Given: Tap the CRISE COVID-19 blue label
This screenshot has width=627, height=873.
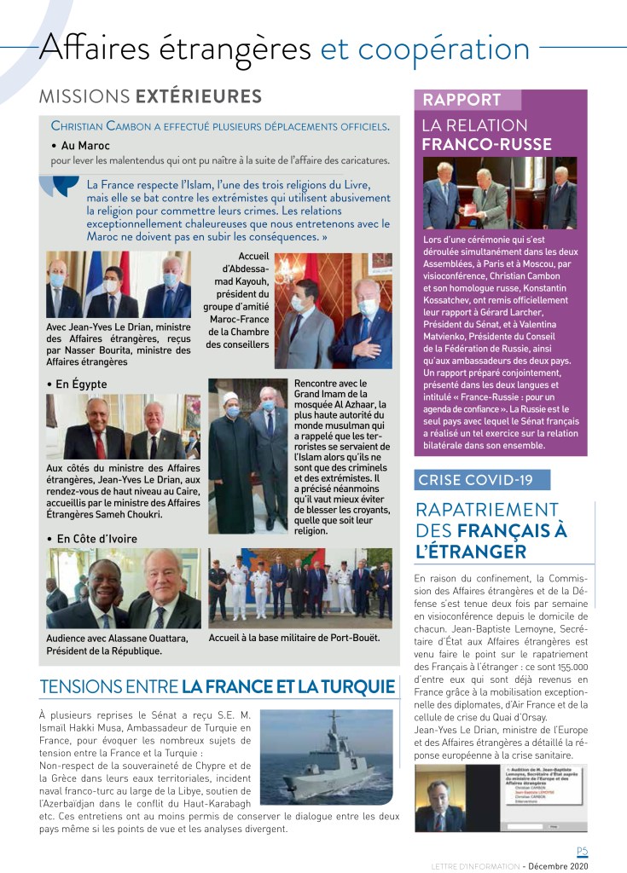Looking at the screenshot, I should coord(481,480).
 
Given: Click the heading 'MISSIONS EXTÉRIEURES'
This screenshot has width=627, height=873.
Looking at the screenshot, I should coord(150,95).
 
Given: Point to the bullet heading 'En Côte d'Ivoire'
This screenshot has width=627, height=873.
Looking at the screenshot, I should coord(96,539).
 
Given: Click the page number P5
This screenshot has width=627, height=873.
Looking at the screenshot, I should coord(582,851).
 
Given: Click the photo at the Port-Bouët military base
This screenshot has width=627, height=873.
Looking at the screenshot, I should coord(300,588).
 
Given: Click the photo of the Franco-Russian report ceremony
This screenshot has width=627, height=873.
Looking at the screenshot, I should coord(500,194).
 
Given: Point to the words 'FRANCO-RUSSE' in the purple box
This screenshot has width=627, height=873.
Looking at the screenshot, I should coord(486,144).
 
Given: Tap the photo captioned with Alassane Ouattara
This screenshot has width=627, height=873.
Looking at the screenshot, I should coord(123,588).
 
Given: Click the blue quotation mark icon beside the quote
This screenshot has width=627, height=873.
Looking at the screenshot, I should coord(66,184).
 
